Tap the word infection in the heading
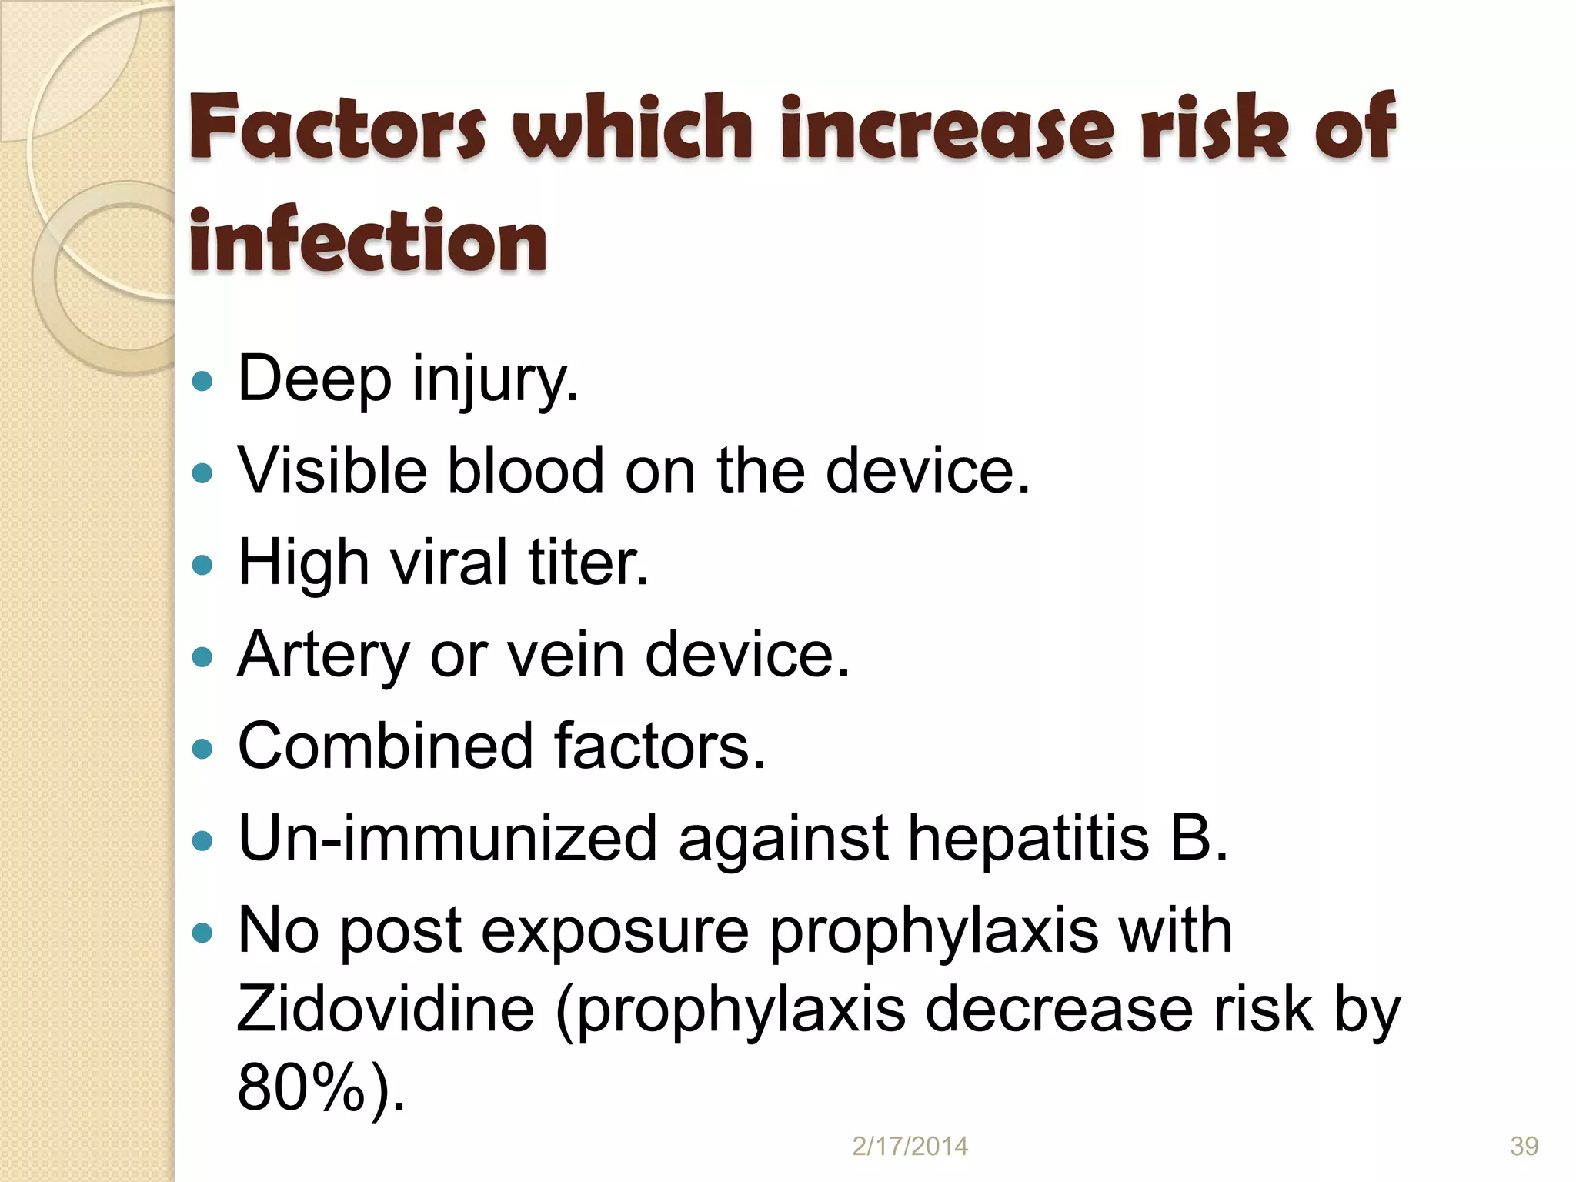pos(368,241)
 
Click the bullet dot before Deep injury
pos(202,380)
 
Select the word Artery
pos(323,655)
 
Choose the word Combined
pos(386,746)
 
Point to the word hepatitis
pos(1028,838)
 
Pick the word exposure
pos(615,930)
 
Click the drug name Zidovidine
pos(386,1009)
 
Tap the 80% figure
pos(301,1087)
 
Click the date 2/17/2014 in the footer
pos(910,1146)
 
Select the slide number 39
pos(1524,1146)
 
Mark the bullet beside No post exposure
pos(202,933)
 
